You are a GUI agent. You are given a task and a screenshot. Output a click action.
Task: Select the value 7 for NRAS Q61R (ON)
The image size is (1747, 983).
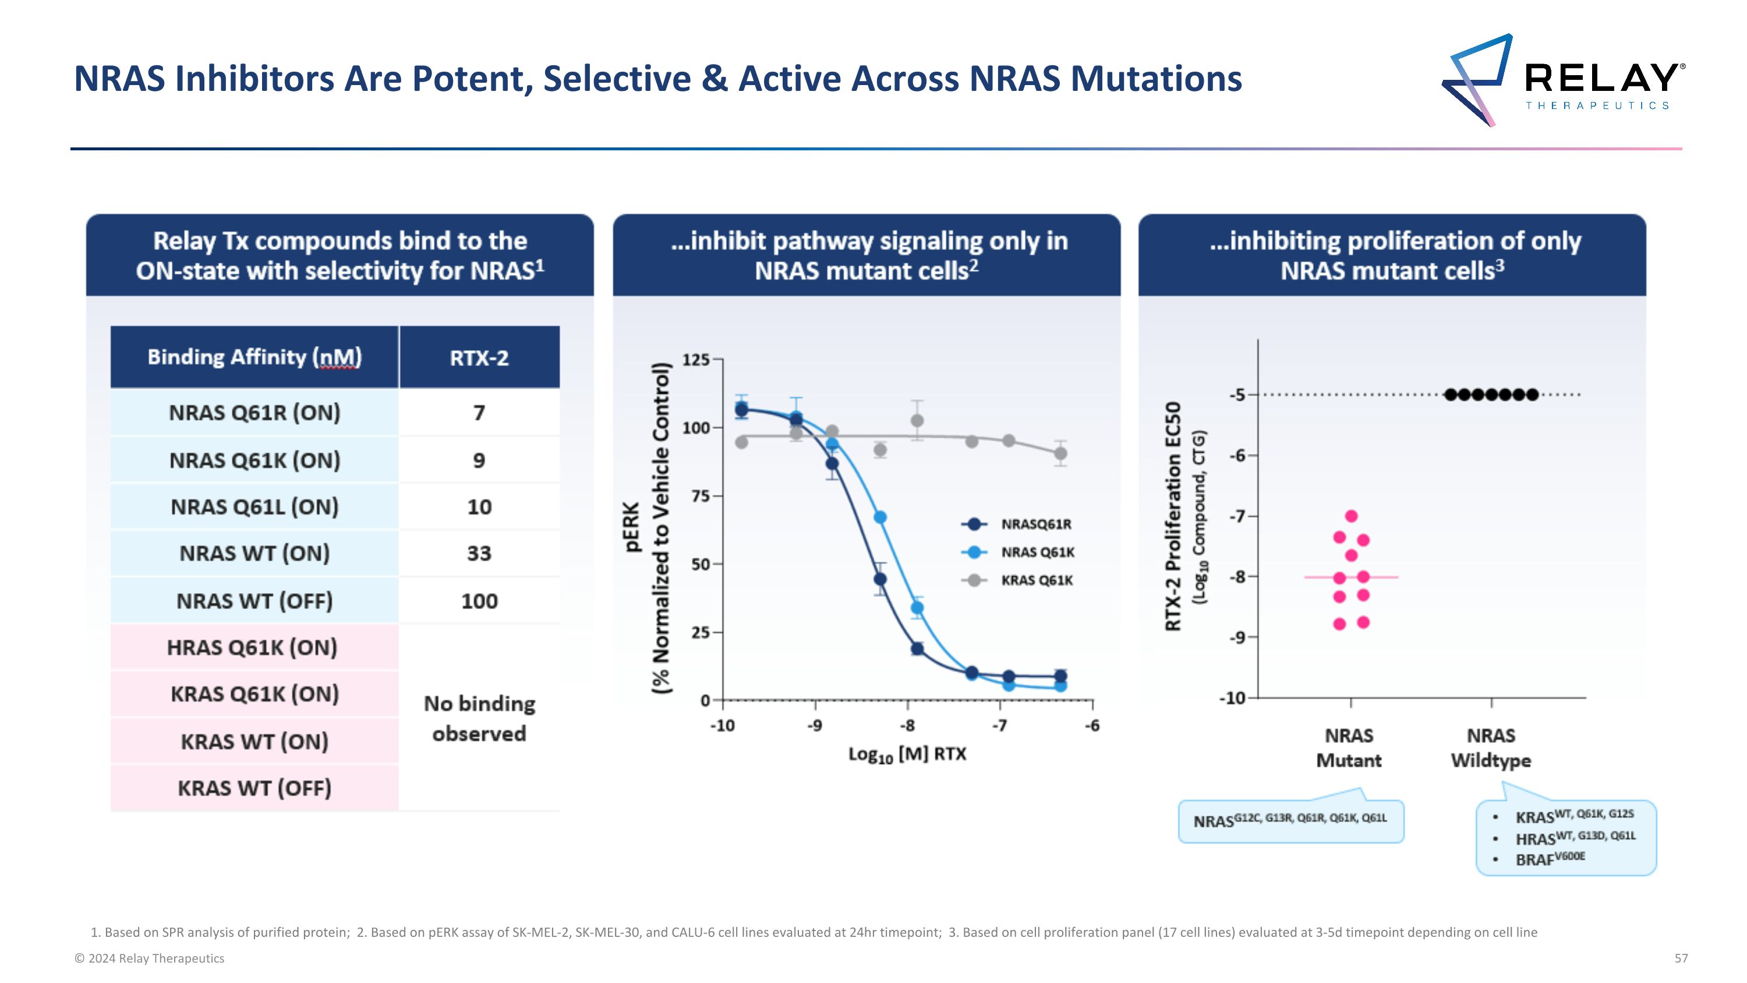(479, 413)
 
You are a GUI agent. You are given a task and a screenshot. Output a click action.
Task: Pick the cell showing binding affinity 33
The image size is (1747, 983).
(479, 554)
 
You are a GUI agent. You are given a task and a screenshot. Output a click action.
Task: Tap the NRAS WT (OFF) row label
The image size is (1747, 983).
(254, 601)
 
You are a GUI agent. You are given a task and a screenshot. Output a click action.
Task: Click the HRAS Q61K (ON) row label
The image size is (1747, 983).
(252, 648)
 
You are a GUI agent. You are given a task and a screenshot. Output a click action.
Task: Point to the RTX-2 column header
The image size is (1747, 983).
(479, 358)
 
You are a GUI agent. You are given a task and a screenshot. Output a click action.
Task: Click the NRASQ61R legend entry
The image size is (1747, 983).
(1035, 524)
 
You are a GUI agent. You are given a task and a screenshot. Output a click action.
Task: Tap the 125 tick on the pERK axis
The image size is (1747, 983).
(696, 360)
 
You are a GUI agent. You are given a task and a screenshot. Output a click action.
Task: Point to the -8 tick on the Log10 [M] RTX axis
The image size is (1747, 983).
(907, 726)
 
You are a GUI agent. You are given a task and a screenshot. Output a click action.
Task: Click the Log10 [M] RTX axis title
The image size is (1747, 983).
(907, 755)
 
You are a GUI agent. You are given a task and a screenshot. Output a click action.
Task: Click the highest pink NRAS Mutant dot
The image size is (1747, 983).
(1351, 516)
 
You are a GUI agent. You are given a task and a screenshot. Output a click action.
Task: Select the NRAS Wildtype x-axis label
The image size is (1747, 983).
(1491, 748)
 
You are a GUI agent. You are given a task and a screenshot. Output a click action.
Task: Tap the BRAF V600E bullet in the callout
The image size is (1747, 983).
(1550, 859)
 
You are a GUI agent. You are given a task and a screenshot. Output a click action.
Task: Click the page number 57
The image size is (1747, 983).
(1681, 959)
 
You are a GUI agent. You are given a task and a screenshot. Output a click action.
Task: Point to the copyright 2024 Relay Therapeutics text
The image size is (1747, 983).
(149, 959)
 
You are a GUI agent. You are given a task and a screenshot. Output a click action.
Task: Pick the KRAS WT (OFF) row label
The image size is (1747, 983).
(254, 788)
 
